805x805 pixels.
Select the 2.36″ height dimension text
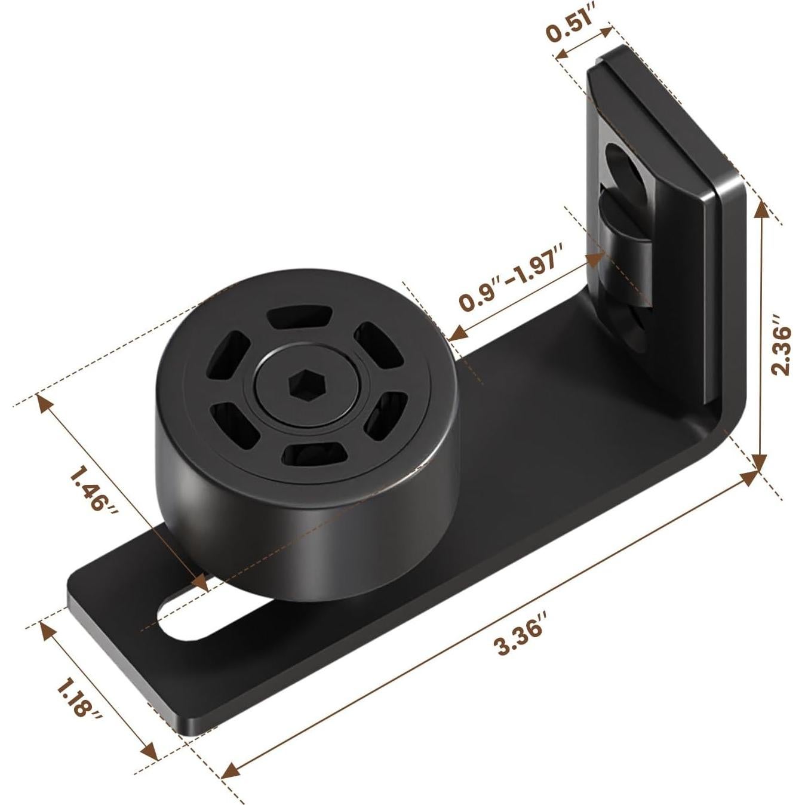pyautogui.click(x=781, y=350)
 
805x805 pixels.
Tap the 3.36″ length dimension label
pyautogui.click(x=518, y=639)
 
